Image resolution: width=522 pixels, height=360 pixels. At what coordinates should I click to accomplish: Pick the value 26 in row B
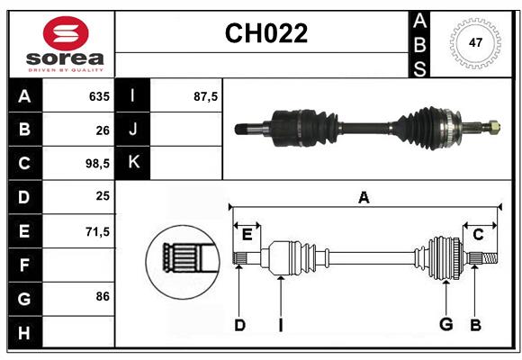103,130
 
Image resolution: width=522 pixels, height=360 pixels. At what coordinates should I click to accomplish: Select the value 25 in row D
103,197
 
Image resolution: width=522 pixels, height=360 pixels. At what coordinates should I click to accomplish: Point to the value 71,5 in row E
97,231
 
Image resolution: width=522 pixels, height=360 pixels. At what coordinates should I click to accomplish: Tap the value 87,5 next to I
206,96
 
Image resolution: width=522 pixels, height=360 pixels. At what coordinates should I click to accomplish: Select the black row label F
24,265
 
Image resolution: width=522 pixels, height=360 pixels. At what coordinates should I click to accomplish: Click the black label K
133,164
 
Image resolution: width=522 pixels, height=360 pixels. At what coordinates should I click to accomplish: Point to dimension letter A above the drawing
364,197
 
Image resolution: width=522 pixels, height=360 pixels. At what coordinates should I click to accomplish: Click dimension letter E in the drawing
247,235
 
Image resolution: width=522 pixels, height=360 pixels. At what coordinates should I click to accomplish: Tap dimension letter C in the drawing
479,235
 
